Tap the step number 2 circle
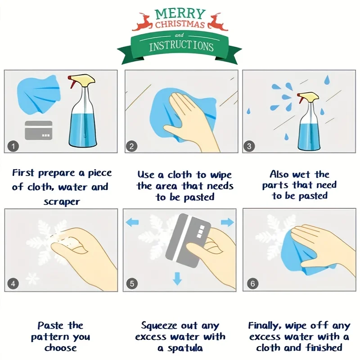(x=132, y=146)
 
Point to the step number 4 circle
(x=13, y=283)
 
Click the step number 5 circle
(x=132, y=283)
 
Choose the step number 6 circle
(x=252, y=284)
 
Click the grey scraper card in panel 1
(x=38, y=130)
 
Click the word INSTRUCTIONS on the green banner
(x=181, y=46)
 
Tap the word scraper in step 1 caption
(x=62, y=201)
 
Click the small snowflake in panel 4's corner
(x=32, y=279)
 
